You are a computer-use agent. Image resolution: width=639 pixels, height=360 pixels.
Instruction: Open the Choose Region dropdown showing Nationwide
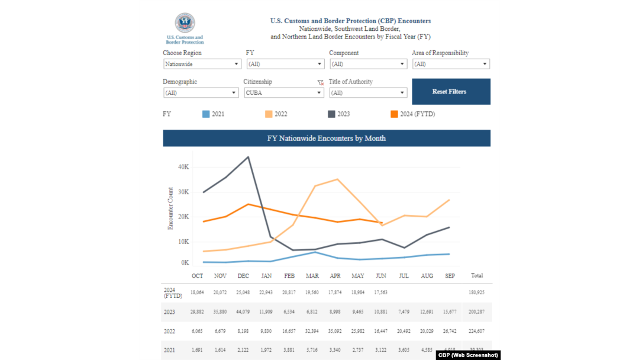(x=201, y=64)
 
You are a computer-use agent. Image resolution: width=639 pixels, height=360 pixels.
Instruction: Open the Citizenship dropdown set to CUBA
(x=283, y=93)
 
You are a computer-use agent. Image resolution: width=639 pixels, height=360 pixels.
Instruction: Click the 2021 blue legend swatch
(x=206, y=114)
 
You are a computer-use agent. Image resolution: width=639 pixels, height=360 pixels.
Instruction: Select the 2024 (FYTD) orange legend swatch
(x=395, y=114)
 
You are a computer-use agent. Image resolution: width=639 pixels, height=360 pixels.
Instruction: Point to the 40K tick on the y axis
(x=183, y=167)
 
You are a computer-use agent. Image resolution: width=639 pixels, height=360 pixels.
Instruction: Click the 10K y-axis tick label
(x=183, y=242)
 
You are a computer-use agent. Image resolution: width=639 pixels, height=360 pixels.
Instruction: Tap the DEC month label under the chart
(x=243, y=276)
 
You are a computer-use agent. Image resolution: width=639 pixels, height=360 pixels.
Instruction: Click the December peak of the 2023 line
(x=248, y=157)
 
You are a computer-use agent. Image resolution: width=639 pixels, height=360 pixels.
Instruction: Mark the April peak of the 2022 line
(x=337, y=179)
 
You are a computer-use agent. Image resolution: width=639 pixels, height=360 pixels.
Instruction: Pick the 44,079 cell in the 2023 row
(x=243, y=311)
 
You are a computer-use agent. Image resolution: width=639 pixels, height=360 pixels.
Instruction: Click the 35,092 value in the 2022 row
(x=335, y=332)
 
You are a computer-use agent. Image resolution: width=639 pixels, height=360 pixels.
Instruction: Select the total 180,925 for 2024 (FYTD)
(x=476, y=292)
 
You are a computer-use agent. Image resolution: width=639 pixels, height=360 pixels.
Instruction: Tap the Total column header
(x=476, y=275)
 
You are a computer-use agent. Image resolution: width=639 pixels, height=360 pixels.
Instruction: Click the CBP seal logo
(x=185, y=24)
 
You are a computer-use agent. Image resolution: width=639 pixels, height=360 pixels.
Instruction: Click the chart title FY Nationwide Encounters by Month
(x=327, y=139)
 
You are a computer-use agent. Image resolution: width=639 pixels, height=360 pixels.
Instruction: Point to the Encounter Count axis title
(x=171, y=208)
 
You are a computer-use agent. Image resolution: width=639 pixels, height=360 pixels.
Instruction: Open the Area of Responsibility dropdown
(x=451, y=64)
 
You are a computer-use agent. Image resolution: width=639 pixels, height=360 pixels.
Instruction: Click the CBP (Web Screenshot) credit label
(x=467, y=355)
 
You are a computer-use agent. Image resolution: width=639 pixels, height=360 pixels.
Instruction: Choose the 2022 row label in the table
(x=169, y=332)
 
